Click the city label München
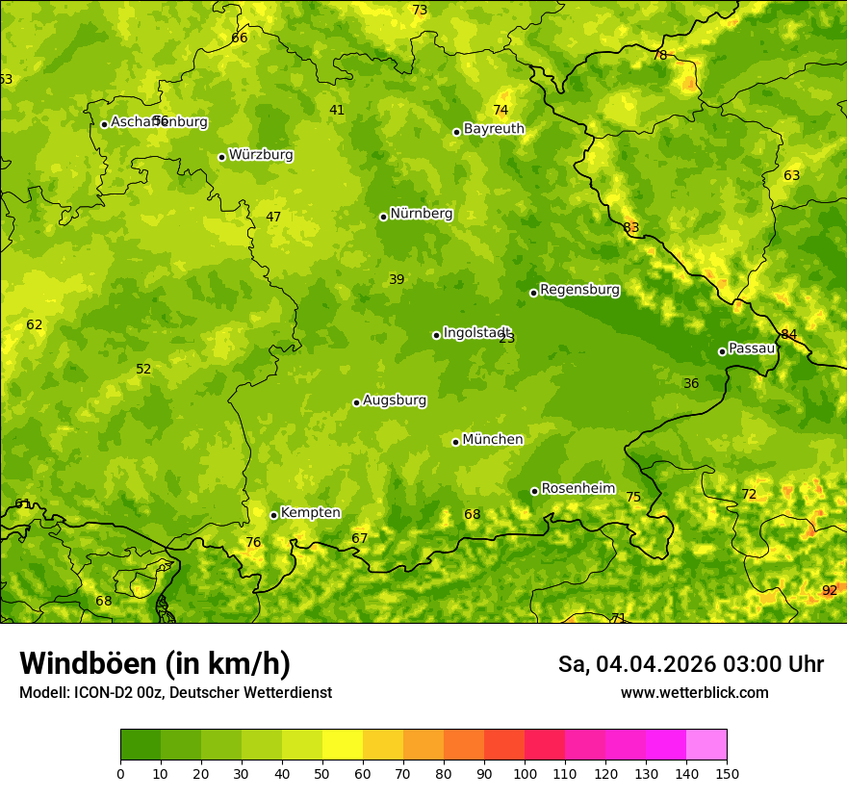tap(493, 440)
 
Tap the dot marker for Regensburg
tap(533, 293)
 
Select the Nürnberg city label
tap(421, 214)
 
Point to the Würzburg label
tap(261, 155)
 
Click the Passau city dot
tap(722, 351)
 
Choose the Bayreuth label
tap(494, 129)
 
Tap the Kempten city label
tap(310, 513)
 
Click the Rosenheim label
tap(577, 489)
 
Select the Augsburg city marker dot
tap(356, 402)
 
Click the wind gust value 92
tap(830, 590)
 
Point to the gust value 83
tap(630, 228)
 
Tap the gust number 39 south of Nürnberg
tap(397, 280)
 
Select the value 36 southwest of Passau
tap(691, 384)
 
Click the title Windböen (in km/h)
tap(155, 663)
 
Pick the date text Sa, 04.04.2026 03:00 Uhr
tap(690, 664)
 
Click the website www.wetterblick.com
tap(694, 693)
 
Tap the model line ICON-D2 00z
tap(175, 693)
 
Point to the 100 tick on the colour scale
tap(525, 773)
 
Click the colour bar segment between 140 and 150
tap(706, 745)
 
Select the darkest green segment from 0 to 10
tap(141, 745)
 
